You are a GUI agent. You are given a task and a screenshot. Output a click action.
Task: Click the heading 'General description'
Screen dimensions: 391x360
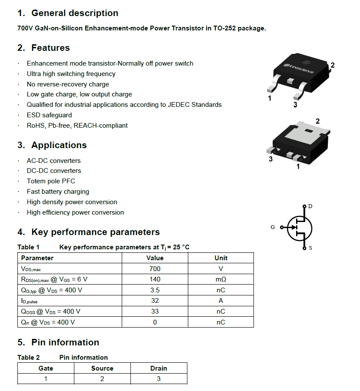point(74,13)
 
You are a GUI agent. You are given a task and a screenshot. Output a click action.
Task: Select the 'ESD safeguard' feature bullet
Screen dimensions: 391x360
point(49,115)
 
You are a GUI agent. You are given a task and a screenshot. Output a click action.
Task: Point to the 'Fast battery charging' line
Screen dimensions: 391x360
point(58,192)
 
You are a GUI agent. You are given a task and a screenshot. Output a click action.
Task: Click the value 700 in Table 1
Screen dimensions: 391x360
point(155,269)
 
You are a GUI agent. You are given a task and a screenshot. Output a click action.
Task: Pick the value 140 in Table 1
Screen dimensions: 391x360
point(155,279)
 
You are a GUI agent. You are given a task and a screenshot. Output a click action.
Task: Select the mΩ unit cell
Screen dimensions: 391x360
point(221,279)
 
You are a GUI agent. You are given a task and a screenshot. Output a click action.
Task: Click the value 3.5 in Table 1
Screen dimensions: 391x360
point(155,290)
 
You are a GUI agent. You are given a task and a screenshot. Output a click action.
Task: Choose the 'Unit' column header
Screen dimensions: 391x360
point(221,258)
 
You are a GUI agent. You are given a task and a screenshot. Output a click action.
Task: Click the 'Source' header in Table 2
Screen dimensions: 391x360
point(102,368)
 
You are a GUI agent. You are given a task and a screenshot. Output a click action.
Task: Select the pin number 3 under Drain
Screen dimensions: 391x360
point(159,379)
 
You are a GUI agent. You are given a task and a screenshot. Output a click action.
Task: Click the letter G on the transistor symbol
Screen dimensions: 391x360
point(273,227)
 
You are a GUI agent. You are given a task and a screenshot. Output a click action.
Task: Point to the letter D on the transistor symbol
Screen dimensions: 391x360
point(310,206)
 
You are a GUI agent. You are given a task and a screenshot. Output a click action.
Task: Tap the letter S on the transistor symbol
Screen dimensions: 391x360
point(310,248)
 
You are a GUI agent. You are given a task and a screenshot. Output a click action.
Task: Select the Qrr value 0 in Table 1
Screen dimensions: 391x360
point(155,322)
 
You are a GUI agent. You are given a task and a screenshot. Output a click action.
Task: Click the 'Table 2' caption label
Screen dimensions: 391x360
point(29,358)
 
